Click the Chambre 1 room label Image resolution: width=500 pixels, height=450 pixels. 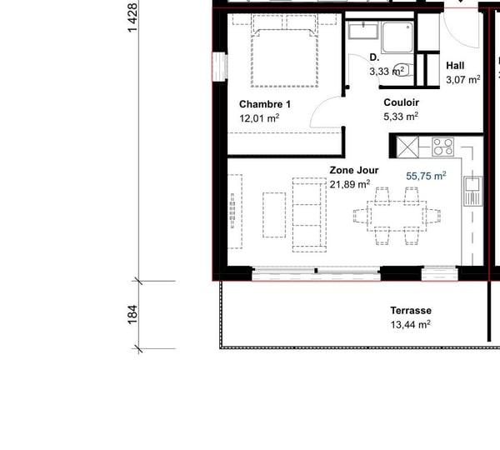point(264,104)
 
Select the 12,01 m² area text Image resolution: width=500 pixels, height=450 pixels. point(259,118)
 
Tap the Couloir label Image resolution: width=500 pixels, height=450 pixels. point(401,102)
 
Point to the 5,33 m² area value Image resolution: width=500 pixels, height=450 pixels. point(400,117)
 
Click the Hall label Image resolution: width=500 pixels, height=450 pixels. point(455,65)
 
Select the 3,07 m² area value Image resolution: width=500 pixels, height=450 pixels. point(463,80)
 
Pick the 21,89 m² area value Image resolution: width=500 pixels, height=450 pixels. point(350,184)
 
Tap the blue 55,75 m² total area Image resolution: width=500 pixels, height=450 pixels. point(426,176)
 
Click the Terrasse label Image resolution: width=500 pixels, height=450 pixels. point(411,310)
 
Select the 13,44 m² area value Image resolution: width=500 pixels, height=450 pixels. point(410,325)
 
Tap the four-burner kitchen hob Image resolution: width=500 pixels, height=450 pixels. point(442,147)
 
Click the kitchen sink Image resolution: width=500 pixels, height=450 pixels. point(472,191)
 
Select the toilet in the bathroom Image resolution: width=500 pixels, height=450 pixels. point(401,69)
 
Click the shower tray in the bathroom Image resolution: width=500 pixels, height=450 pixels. point(398,37)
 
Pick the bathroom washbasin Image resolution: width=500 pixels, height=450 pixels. point(362,32)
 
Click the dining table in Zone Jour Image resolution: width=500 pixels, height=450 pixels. point(397,216)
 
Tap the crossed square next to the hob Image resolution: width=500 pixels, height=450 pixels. point(412,147)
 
